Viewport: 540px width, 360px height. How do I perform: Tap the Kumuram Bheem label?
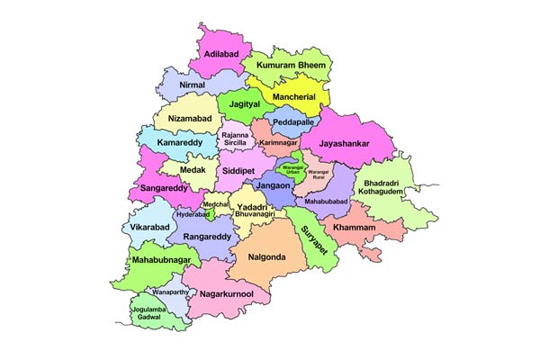click(x=292, y=67)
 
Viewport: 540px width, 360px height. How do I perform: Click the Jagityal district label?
click(x=245, y=104)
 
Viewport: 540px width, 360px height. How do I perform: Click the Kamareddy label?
click(x=177, y=143)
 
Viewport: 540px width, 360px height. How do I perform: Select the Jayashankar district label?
click(x=346, y=142)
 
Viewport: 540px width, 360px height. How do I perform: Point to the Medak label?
click(x=192, y=167)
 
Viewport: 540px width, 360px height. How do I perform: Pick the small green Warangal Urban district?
click(x=290, y=168)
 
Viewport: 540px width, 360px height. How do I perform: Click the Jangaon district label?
click(x=273, y=185)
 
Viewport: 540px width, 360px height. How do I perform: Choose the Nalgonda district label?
click(x=264, y=256)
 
